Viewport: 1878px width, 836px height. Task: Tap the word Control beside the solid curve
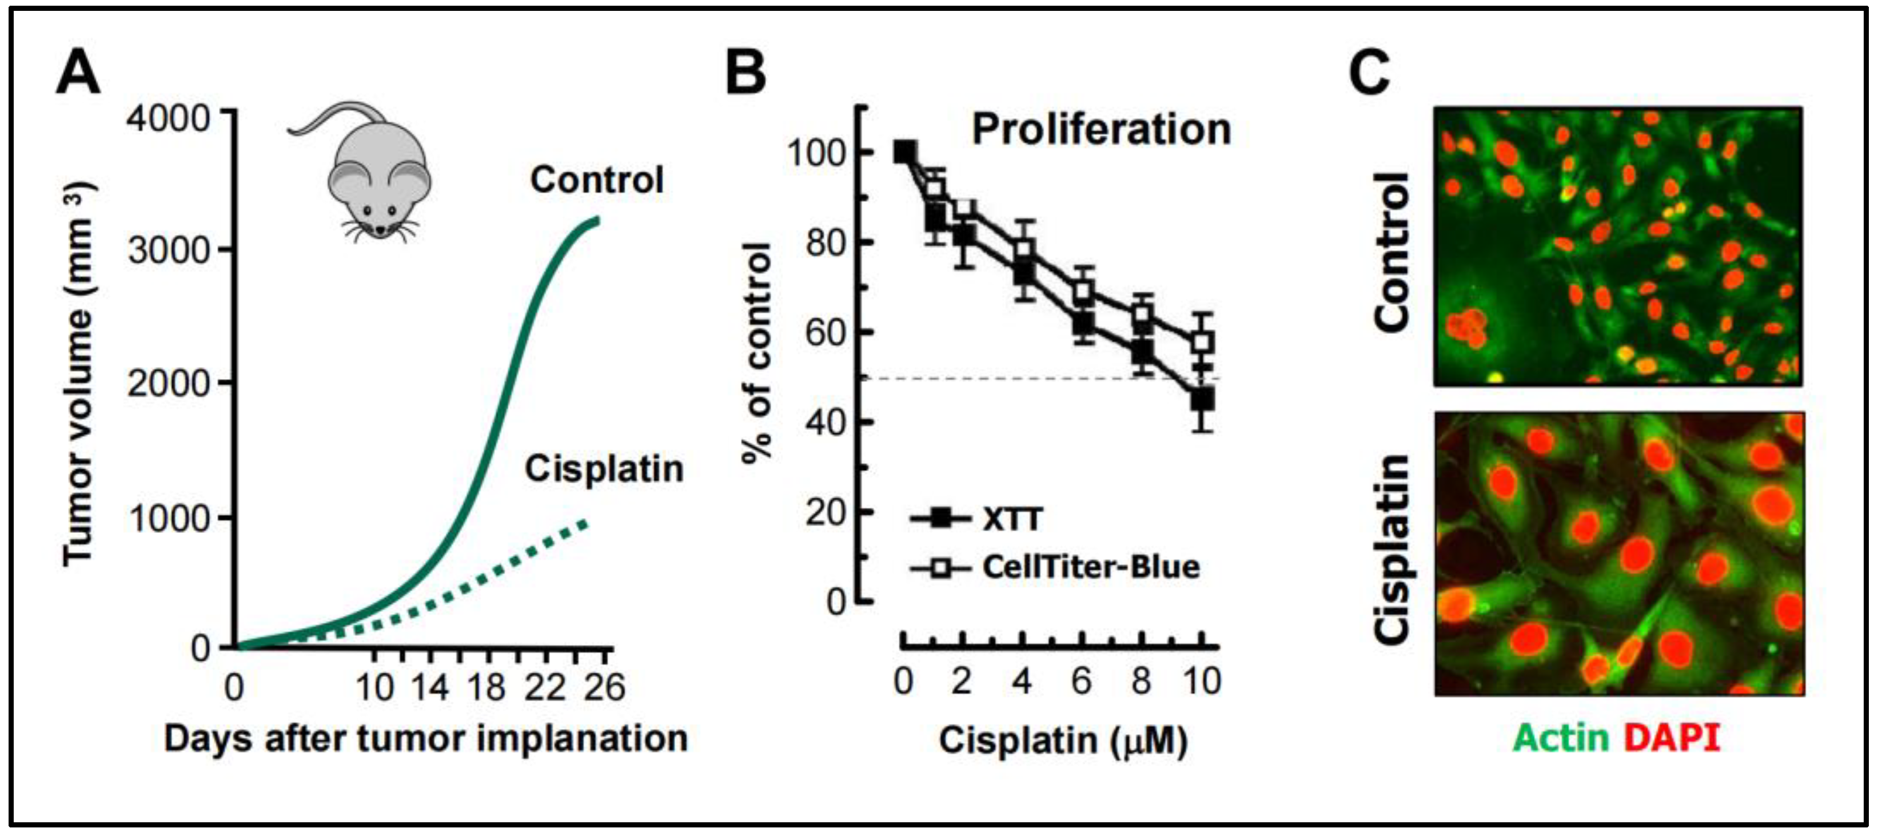tap(596, 180)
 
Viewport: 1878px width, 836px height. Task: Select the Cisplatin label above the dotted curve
tap(604, 468)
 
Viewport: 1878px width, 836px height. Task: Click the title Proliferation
tap(1101, 130)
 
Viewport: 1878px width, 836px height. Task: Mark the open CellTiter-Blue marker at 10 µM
tap(1203, 341)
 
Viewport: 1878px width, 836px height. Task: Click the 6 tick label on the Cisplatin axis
tap(1082, 682)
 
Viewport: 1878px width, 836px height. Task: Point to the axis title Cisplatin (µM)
tap(1062, 741)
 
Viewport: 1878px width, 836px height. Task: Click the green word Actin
tap(1560, 738)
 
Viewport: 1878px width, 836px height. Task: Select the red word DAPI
tap(1672, 738)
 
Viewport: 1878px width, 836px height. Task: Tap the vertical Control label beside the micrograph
tap(1393, 252)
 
